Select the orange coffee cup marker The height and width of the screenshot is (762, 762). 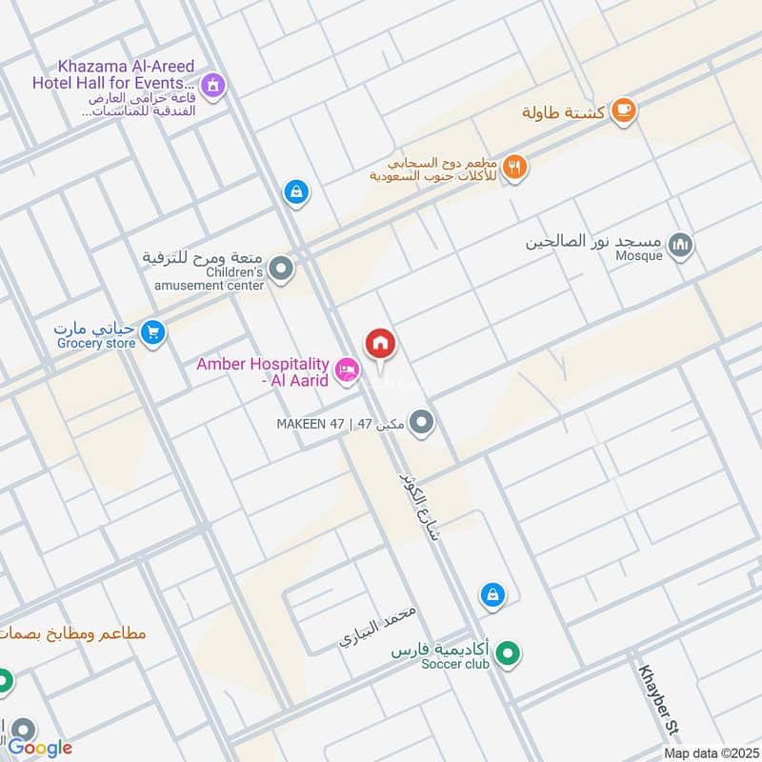[x=623, y=111]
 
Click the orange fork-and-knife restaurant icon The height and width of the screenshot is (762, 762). [x=515, y=167]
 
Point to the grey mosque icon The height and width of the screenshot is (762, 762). [x=680, y=245]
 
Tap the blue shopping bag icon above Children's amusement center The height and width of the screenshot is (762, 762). [x=296, y=192]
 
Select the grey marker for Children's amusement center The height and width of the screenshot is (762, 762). [x=280, y=271]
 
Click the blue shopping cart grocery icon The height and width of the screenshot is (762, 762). [x=151, y=332]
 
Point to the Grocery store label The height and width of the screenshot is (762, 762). [x=96, y=343]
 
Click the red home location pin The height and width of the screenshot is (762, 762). [x=380, y=344]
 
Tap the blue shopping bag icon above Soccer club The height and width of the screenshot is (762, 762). [x=491, y=594]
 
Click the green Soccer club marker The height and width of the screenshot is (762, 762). [x=510, y=654]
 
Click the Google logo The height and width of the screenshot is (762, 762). [x=41, y=748]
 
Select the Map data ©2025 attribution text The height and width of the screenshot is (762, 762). [x=710, y=752]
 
